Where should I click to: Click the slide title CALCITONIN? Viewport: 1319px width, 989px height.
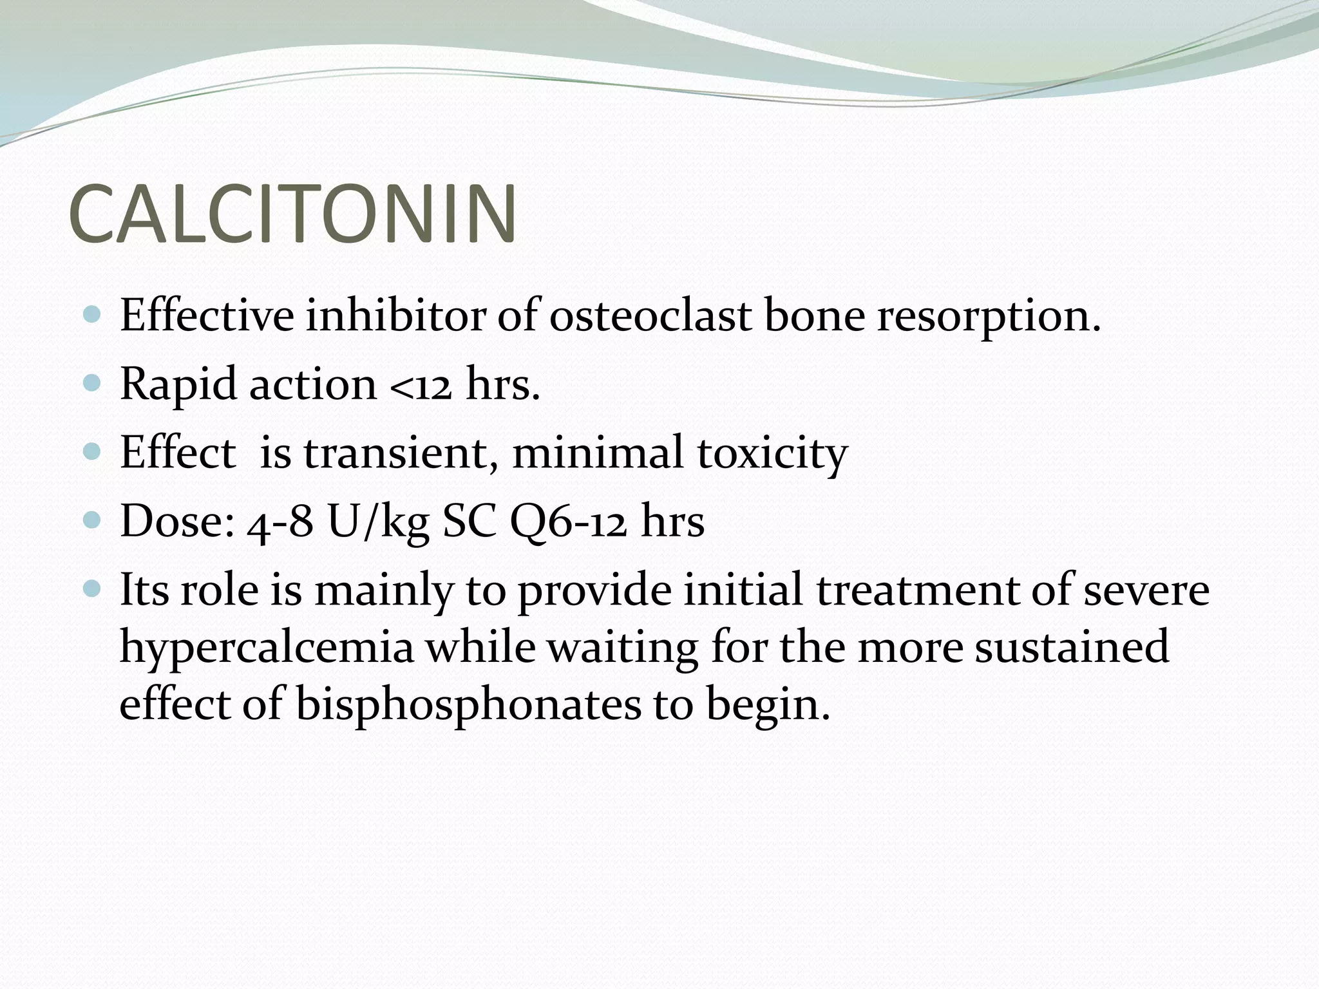[x=292, y=214]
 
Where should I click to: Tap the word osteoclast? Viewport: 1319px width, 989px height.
[x=650, y=316]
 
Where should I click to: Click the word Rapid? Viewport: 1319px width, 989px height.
[x=178, y=385]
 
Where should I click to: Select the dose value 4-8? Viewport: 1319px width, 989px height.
[x=280, y=522]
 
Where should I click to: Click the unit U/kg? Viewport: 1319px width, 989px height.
[x=379, y=522]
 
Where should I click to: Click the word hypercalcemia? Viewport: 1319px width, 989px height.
[x=267, y=648]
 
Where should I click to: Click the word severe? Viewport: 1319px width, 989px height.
[x=1146, y=590]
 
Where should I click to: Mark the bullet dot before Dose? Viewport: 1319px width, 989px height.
[x=93, y=520]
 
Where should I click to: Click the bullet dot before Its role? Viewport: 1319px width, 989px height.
[x=93, y=588]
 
